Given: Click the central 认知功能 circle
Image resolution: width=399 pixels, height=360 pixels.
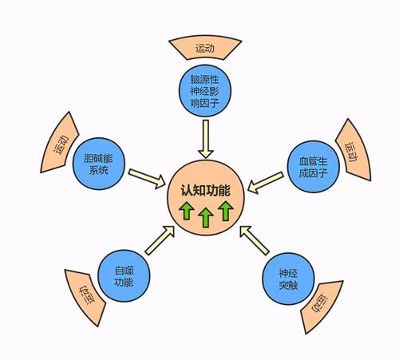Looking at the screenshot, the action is click(205, 197).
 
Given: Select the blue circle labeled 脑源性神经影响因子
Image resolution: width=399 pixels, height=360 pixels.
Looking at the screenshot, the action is click(204, 90).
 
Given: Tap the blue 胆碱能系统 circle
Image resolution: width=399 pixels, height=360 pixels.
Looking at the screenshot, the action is click(99, 164).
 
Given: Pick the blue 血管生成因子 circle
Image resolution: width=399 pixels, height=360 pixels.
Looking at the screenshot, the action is click(313, 167).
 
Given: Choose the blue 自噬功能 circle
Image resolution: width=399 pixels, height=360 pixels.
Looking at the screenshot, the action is click(124, 275).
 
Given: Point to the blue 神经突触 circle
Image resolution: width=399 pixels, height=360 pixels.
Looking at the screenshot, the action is click(288, 279).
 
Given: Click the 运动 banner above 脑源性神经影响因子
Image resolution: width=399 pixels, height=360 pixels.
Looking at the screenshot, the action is click(205, 48).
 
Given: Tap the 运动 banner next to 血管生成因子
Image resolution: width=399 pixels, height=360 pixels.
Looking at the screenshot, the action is click(353, 151).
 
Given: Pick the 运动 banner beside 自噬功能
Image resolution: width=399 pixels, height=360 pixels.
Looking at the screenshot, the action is click(86, 296).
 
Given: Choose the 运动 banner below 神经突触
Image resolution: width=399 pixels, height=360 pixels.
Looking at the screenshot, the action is click(322, 306).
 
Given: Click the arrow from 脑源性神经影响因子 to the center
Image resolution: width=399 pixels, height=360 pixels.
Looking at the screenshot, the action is click(206, 139).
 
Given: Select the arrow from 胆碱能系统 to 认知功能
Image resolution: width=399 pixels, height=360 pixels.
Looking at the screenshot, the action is click(147, 179).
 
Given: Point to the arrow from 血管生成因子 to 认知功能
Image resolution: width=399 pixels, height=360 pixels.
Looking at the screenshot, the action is click(266, 183).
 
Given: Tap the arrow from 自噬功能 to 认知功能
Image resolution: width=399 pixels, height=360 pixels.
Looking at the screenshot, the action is click(160, 240).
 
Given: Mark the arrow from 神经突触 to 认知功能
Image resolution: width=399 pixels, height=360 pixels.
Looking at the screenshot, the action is click(255, 240).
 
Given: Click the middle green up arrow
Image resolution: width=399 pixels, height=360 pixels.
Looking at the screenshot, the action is click(206, 217).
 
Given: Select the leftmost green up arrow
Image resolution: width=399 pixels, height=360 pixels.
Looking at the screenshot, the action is click(187, 211).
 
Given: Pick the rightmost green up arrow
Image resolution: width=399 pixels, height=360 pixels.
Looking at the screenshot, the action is click(226, 211).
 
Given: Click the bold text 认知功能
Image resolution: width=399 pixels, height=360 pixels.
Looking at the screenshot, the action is click(205, 191).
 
